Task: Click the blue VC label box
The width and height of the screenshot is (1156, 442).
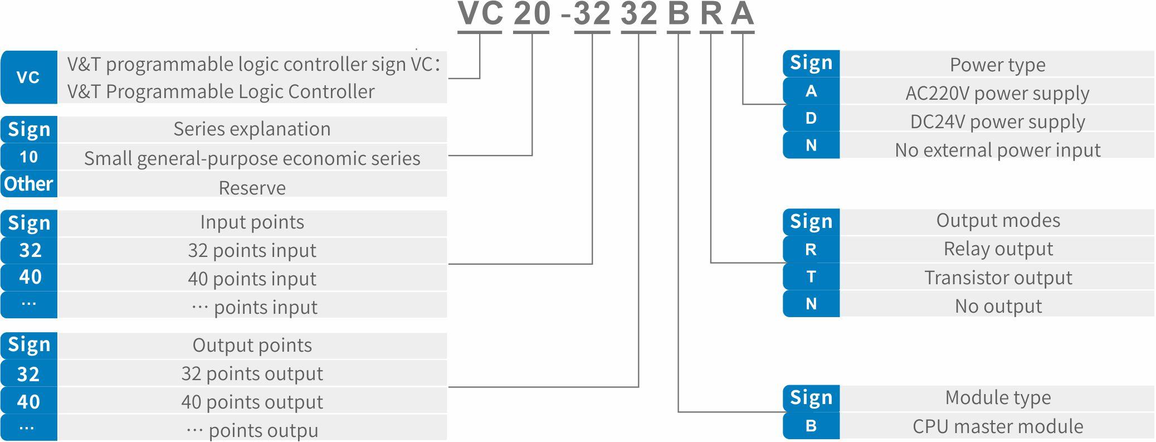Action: pyautogui.click(x=29, y=77)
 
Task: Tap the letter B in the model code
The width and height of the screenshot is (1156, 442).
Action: pyautogui.click(x=678, y=14)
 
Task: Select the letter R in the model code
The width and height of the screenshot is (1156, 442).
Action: pyautogui.click(x=711, y=14)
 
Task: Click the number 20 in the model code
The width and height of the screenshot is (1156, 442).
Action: pyautogui.click(x=531, y=14)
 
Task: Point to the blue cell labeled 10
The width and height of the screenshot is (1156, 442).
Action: pyautogui.click(x=29, y=157)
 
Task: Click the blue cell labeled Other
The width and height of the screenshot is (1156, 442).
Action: pyautogui.click(x=29, y=184)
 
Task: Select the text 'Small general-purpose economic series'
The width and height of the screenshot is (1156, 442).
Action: pyautogui.click(x=252, y=158)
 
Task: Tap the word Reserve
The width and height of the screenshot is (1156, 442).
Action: pyautogui.click(x=252, y=188)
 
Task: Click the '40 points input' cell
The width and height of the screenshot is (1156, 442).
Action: pyautogui.click(x=252, y=279)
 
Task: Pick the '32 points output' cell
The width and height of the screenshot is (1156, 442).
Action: pyautogui.click(x=252, y=373)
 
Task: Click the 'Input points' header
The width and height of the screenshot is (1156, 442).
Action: pyautogui.click(x=252, y=222)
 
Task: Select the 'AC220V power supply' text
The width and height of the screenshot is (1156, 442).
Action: pyautogui.click(x=997, y=93)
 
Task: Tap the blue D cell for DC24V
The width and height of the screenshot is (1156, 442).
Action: pyautogui.click(x=811, y=118)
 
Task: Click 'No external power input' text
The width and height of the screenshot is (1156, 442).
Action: pyautogui.click(x=997, y=150)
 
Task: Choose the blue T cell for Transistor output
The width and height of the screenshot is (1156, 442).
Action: pyautogui.click(x=811, y=277)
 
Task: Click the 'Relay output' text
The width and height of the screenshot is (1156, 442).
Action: pyautogui.click(x=997, y=249)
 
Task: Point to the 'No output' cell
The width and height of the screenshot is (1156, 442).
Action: pyautogui.click(x=997, y=306)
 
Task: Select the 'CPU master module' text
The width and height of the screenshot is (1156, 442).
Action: pyautogui.click(x=997, y=426)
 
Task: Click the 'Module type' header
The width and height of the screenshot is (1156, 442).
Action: pyautogui.click(x=997, y=397)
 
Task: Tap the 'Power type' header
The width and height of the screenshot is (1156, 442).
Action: pyautogui.click(x=997, y=65)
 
